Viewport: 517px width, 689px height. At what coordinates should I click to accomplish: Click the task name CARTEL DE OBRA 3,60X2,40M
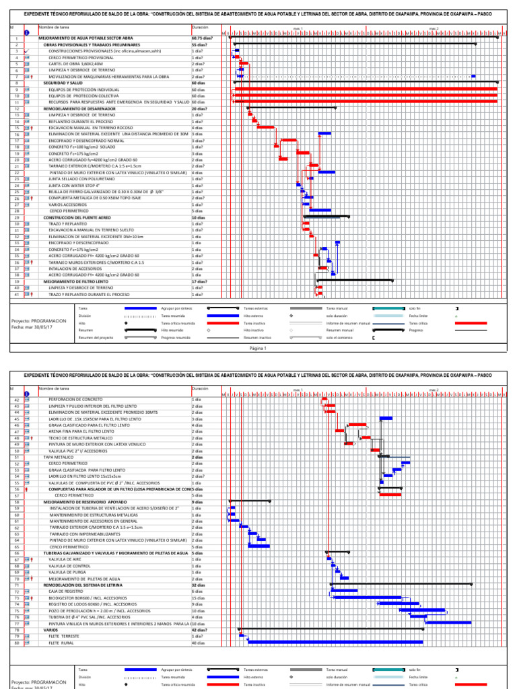(75, 64)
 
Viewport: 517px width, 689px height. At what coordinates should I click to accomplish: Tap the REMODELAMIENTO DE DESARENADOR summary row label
(79, 108)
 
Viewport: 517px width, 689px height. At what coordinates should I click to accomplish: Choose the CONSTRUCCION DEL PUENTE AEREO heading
(77, 217)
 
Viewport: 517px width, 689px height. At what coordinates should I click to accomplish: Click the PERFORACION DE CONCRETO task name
(75, 400)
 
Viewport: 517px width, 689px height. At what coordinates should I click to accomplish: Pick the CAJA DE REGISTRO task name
(68, 591)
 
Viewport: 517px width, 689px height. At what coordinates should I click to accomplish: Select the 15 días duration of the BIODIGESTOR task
(198, 597)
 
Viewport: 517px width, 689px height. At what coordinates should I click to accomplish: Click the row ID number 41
(15, 294)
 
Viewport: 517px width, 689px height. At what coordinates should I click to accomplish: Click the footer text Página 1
(258, 348)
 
